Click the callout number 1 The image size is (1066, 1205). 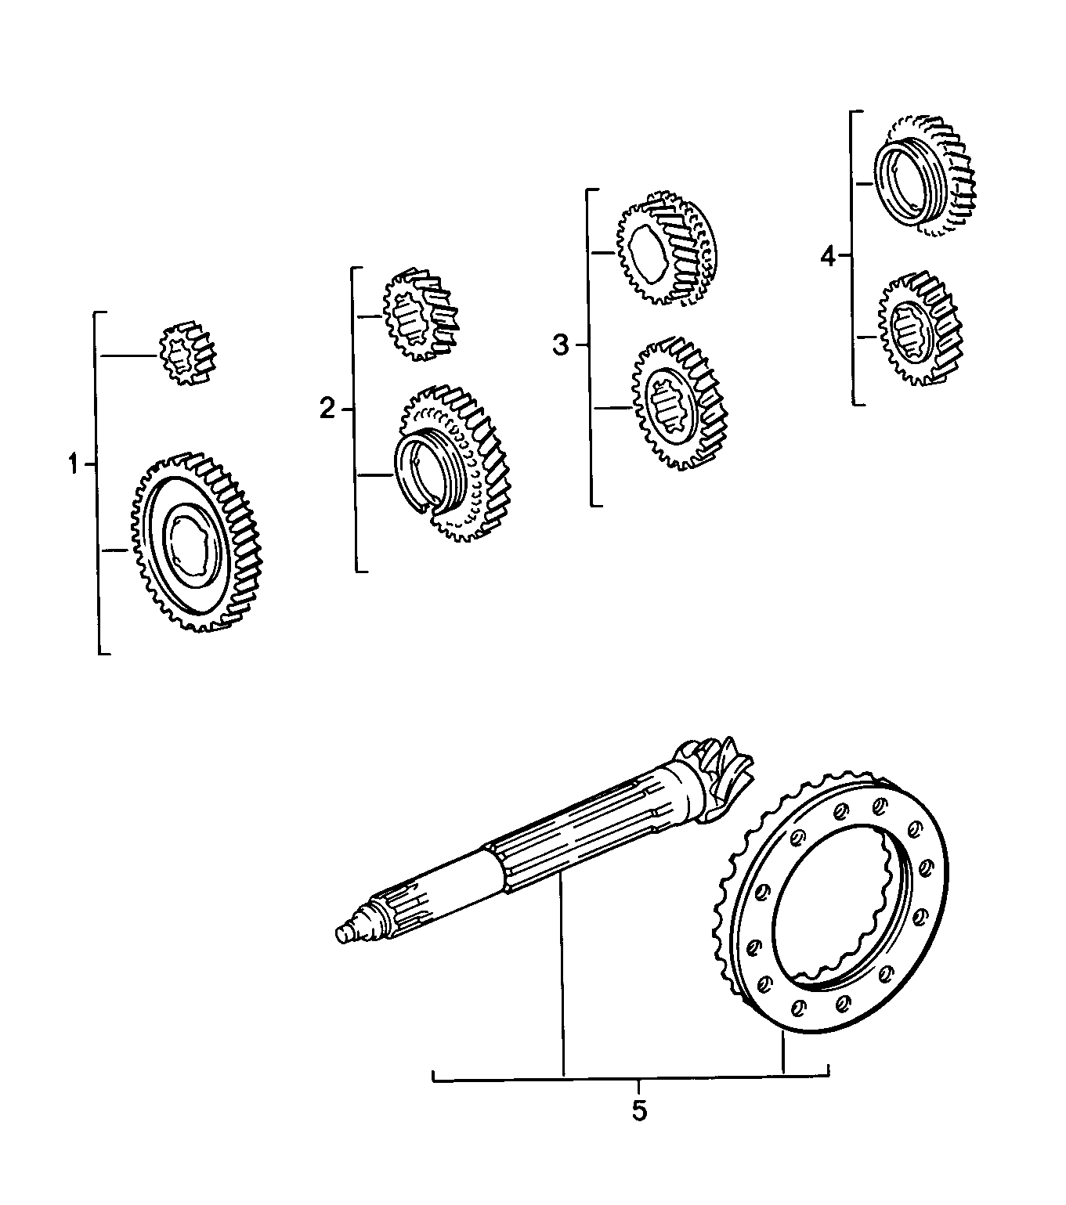coord(73,465)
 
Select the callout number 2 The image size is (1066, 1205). coord(327,409)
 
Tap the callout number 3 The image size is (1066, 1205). coord(560,344)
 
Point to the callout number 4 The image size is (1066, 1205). coord(829,256)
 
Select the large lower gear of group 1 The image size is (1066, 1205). coord(196,542)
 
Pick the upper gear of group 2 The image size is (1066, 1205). coord(418,315)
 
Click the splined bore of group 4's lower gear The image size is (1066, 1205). coord(909,332)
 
